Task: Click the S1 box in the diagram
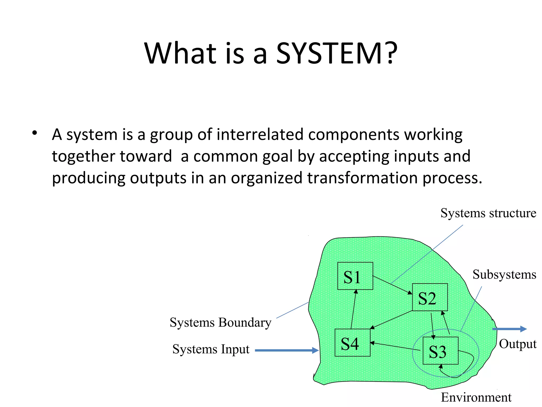pos(355,276)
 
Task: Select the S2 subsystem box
pos(430,297)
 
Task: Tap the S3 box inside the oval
pos(440,351)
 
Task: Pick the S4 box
pos(352,343)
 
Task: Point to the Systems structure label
pos(488,213)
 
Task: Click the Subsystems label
pos(504,275)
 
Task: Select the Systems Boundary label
pos(220,322)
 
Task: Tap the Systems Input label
pos(211,349)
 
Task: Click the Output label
pos(518,344)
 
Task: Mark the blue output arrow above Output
pos(509,329)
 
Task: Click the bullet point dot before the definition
pos(34,133)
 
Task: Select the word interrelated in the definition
pos(260,134)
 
